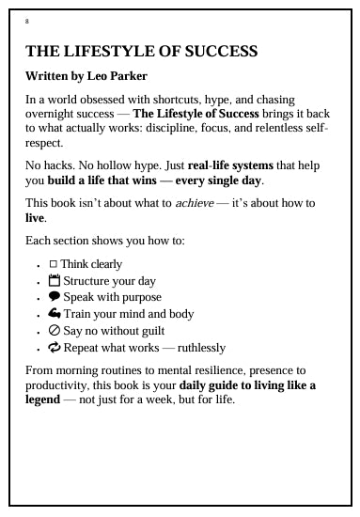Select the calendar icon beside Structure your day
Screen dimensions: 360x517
tap(54, 281)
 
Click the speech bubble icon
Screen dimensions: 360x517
tap(54, 298)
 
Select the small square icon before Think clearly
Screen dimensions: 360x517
tap(53, 264)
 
